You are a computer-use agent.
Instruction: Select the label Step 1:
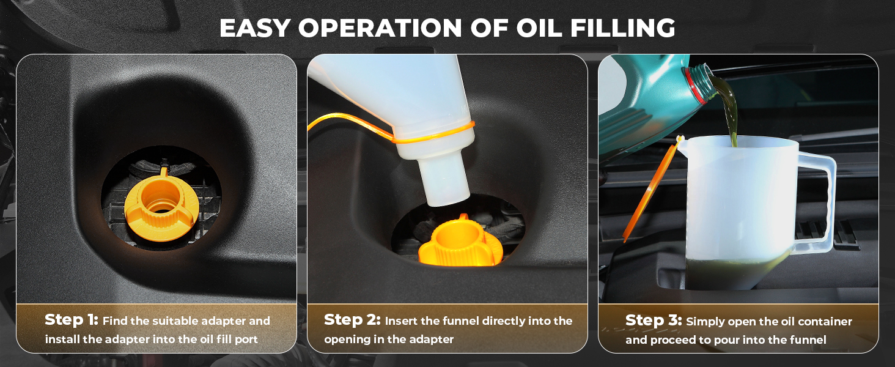72,320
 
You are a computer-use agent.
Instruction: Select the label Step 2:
352,320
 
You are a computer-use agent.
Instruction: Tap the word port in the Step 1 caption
246,339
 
